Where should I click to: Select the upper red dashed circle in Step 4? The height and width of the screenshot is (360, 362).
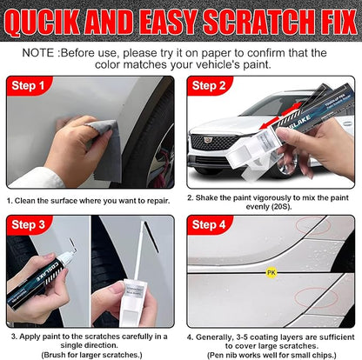(309, 229)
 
